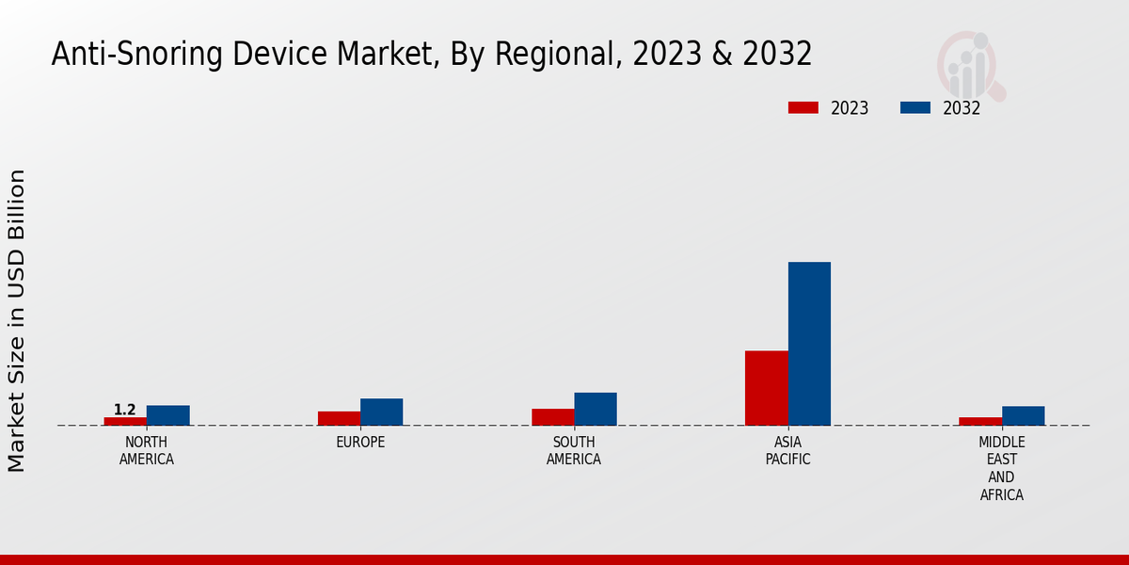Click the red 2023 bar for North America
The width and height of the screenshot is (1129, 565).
[x=125, y=421]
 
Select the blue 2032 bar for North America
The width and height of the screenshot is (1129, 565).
[x=168, y=415]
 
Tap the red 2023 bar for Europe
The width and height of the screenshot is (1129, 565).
[x=339, y=418]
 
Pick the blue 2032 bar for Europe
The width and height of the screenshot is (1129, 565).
[x=382, y=412]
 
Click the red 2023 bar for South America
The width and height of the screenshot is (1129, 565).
[x=552, y=417]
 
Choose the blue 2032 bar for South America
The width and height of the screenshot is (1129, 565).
[x=596, y=409]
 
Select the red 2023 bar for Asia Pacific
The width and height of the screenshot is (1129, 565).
[x=767, y=388]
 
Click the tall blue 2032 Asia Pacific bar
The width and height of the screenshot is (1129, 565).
[x=809, y=344]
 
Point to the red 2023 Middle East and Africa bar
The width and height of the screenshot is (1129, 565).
[x=980, y=421]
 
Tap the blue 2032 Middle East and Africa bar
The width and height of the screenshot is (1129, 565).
[x=1023, y=415]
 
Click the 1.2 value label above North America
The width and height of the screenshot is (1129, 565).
[x=125, y=410]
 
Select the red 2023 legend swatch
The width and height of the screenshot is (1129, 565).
[x=803, y=107]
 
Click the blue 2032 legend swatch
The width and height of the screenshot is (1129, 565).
[x=915, y=107]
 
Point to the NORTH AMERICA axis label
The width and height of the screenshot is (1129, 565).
[x=147, y=451]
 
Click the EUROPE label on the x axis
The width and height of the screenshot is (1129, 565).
[x=360, y=443]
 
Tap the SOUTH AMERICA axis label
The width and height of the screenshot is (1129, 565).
[x=574, y=451]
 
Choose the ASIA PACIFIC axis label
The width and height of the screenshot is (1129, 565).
[x=788, y=451]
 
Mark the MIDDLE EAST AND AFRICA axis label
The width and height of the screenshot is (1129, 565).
[x=1002, y=468]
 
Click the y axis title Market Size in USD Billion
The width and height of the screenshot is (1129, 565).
[x=17, y=320]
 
